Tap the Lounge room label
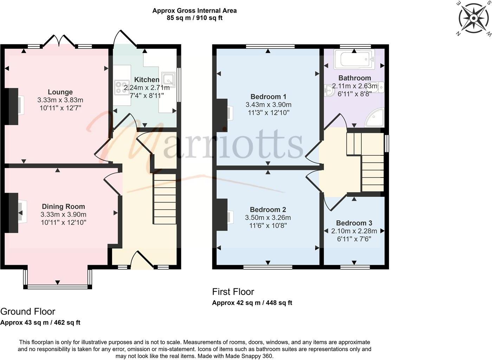click(x=60, y=92)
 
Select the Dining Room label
click(x=63, y=206)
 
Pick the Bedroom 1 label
click(x=268, y=97)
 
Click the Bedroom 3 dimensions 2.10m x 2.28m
click(x=354, y=231)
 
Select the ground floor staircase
click(x=164, y=199)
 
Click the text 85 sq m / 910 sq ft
click(x=194, y=18)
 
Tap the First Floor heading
click(x=233, y=292)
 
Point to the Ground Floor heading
click(x=28, y=311)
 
